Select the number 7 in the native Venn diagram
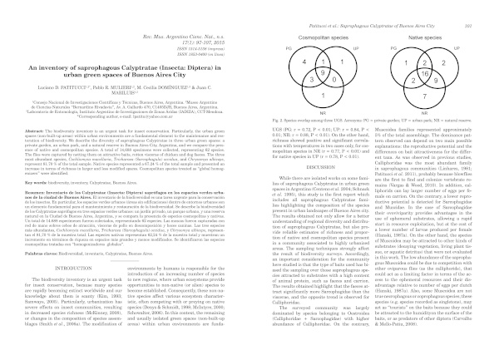[x=425, y=96]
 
